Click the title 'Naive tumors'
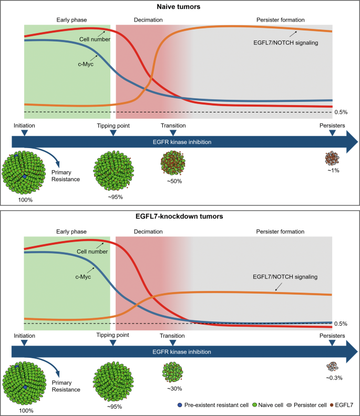click(x=180, y=7)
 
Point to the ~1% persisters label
click(x=332, y=171)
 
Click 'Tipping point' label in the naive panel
click(x=113, y=126)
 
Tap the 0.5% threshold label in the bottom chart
click(x=341, y=324)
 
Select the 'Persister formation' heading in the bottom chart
click(x=280, y=231)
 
